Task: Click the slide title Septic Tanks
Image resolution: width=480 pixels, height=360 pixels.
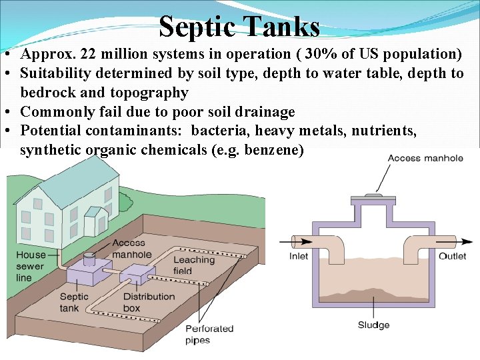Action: coord(239,27)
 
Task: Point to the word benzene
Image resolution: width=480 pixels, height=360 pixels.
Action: coord(253,150)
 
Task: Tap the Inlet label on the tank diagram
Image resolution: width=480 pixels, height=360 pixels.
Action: coord(298,257)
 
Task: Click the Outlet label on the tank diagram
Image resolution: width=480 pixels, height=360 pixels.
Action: coord(453,257)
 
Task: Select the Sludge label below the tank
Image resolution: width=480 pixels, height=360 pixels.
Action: coord(373,325)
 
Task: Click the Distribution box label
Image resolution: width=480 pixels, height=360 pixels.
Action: coord(149,302)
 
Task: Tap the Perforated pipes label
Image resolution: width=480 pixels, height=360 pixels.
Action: coord(209,334)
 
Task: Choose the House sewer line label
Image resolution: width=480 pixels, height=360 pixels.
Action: coord(31,266)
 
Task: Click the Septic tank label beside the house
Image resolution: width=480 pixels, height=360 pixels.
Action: coord(74,302)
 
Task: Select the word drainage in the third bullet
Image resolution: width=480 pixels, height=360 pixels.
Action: coord(261,112)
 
